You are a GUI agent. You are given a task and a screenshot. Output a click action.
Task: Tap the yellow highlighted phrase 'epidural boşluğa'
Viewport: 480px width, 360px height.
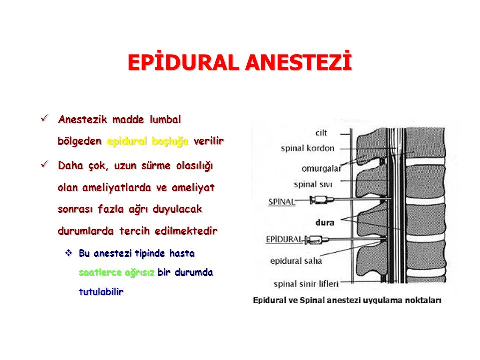pyautogui.click(x=148, y=141)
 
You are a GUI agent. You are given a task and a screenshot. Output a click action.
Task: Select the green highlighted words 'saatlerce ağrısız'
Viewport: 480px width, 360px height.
pyautogui.click(x=117, y=273)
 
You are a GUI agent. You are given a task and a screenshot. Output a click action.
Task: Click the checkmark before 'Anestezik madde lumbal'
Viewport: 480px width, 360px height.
pyautogui.click(x=45, y=118)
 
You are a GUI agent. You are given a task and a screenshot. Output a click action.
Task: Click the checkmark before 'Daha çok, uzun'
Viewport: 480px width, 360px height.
pyautogui.click(x=45, y=164)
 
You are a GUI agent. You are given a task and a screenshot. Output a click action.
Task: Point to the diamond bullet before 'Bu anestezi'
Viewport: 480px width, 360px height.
pyautogui.click(x=69, y=253)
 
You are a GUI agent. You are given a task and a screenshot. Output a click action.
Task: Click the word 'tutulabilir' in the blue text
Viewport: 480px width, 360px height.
pyautogui.click(x=101, y=291)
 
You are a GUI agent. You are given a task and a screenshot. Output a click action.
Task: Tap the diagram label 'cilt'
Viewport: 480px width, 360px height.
pyautogui.click(x=321, y=133)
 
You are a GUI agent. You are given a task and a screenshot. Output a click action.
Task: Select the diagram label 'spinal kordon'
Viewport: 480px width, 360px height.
pyautogui.click(x=308, y=148)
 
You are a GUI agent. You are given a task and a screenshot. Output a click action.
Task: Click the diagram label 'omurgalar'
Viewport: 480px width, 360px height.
pyautogui.click(x=321, y=168)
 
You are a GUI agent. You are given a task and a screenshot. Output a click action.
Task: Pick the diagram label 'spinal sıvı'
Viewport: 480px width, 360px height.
pyautogui.click(x=313, y=184)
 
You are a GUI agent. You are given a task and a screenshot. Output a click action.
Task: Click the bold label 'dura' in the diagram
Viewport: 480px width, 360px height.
pyautogui.click(x=325, y=222)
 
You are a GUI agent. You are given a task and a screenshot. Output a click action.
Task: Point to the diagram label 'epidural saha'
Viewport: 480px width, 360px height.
pyautogui.click(x=296, y=261)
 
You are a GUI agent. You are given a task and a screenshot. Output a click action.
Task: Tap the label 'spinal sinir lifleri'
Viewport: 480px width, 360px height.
pyautogui.click(x=306, y=284)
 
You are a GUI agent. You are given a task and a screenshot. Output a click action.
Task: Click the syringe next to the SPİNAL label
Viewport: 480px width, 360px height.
pyautogui.click(x=322, y=200)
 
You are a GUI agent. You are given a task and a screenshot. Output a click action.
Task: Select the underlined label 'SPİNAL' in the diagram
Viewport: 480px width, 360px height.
pyautogui.click(x=282, y=202)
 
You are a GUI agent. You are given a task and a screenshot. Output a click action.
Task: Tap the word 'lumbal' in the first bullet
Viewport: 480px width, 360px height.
pyautogui.click(x=165, y=119)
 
